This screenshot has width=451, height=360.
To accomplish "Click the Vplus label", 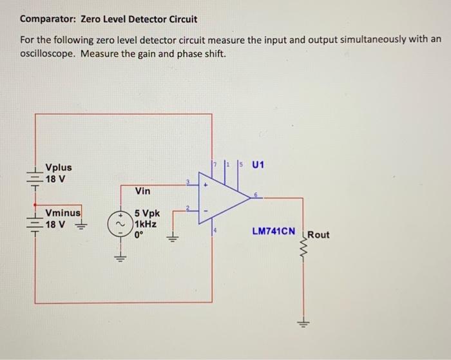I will pos(58,167).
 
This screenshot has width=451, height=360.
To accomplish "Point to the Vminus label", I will pos(62,213).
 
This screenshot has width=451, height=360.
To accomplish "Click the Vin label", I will pos(143,191).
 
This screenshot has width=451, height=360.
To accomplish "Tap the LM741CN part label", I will pos(274,231).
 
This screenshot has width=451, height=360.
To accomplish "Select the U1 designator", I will pos(258,164).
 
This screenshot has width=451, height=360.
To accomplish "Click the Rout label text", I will pos(318,234).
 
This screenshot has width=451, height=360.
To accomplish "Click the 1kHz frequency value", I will pos(146,223).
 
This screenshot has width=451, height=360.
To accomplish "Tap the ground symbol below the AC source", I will pos(119,257).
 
